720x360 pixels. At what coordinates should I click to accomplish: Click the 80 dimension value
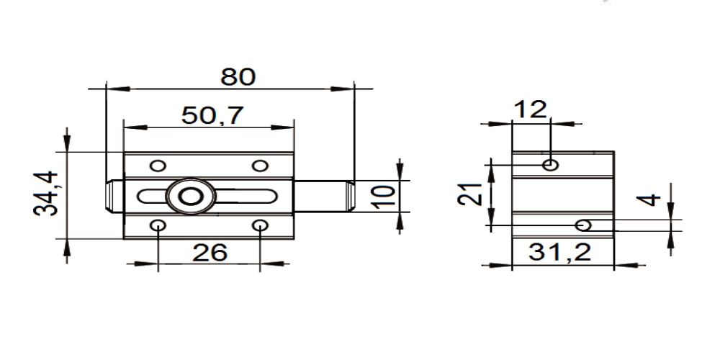point(238,76)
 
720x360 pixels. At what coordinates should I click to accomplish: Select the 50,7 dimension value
point(212,115)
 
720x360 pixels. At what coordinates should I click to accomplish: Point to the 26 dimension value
point(210,252)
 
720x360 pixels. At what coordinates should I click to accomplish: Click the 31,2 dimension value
point(559,252)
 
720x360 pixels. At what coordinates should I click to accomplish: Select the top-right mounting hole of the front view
point(260,165)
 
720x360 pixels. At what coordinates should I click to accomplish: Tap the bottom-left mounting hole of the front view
point(158,226)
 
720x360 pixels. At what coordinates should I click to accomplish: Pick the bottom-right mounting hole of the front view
point(260,226)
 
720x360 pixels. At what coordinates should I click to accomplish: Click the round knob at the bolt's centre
point(190,196)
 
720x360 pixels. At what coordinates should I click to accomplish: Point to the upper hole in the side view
point(551,165)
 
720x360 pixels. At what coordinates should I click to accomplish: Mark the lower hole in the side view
point(585,225)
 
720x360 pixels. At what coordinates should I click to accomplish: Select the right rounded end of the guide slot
point(271,196)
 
